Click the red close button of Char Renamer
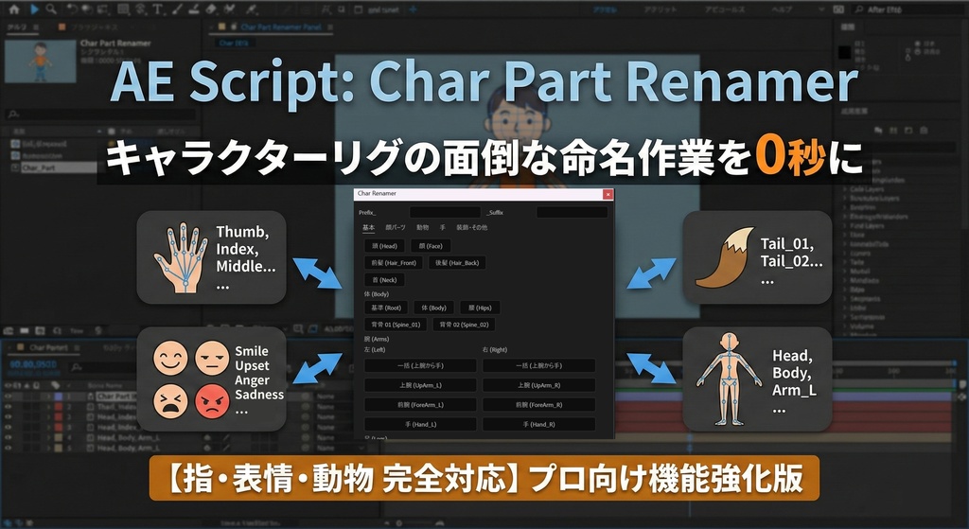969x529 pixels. pos(608,194)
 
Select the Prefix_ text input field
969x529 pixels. pos(445,212)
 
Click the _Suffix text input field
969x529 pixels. pos(572,212)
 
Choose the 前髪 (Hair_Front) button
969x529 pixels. pos(393,263)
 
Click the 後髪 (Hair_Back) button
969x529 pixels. pos(457,263)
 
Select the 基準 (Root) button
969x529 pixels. pos(386,308)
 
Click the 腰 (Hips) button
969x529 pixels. pos(479,308)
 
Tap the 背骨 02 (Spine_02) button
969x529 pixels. pos(464,325)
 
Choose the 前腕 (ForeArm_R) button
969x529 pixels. pos(538,405)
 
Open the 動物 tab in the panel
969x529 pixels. pos(422,228)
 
